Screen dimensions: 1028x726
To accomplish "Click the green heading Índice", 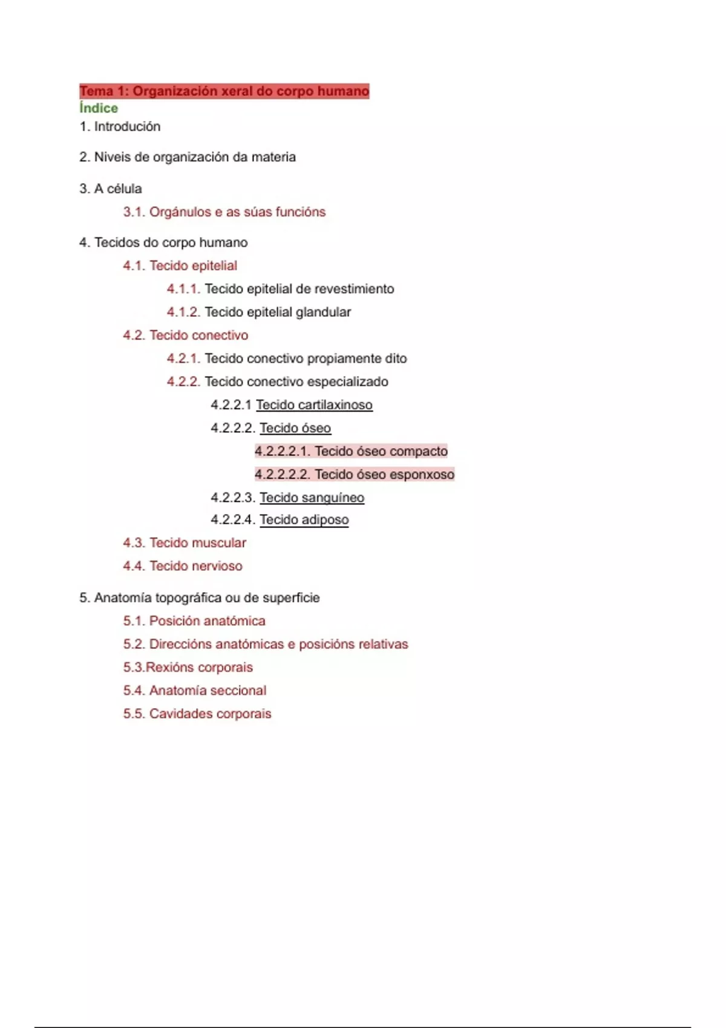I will pos(99,108).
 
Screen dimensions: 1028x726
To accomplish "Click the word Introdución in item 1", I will pos(127,126).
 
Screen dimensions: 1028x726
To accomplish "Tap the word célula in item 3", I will pos(124,189).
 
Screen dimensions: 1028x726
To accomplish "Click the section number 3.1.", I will pos(134,212).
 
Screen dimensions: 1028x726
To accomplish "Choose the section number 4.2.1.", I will pos(183,359).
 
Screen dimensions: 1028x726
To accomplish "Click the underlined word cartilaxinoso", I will pos(335,405).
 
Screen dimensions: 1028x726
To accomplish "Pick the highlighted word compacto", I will pos(419,451).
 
